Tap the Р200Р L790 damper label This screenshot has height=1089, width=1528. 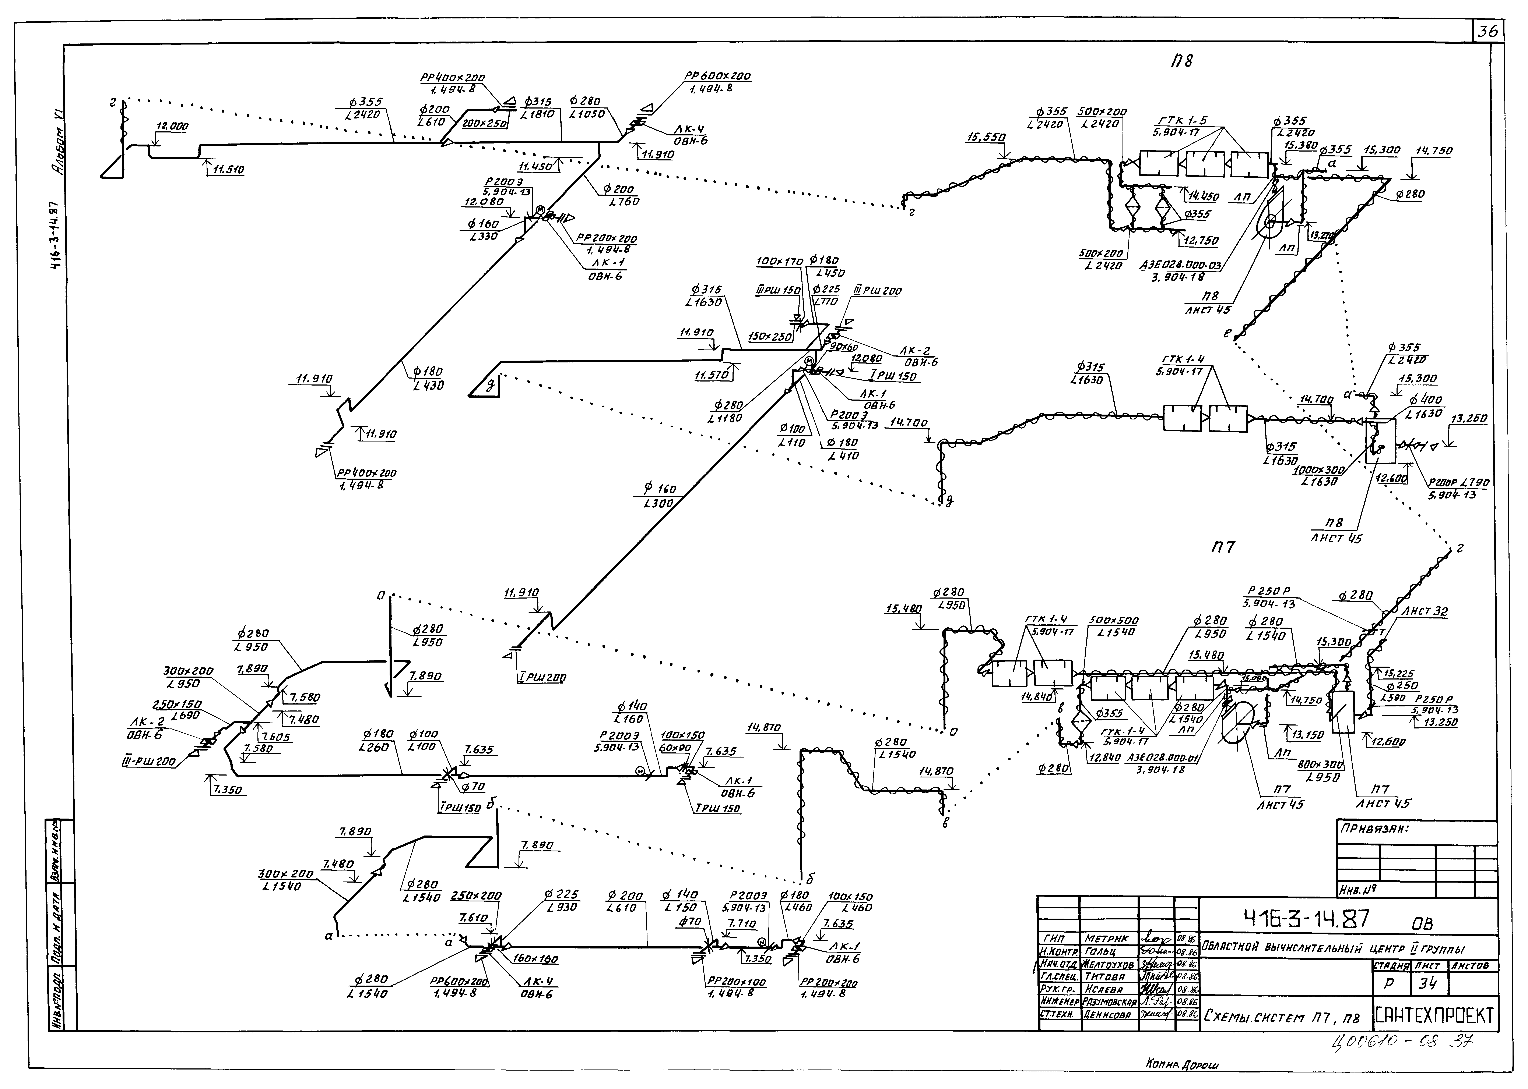tap(1449, 483)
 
